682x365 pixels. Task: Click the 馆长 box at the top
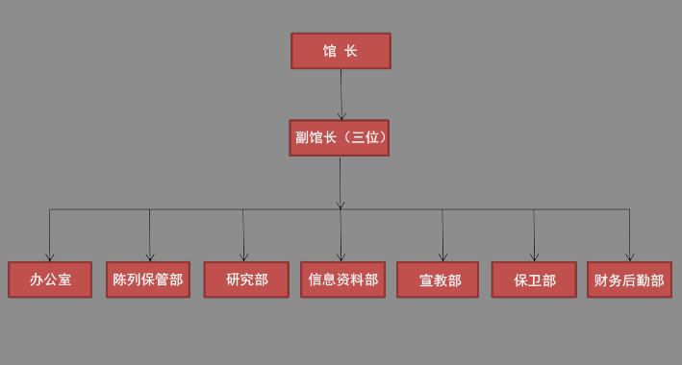pyautogui.click(x=341, y=51)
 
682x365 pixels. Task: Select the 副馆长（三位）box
pyautogui.click(x=339, y=137)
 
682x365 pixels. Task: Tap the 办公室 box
pyautogui.click(x=50, y=280)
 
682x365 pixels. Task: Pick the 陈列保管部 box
pyautogui.click(x=148, y=280)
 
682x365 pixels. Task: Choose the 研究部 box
pyautogui.click(x=246, y=280)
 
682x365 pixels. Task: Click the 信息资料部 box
pyautogui.click(x=343, y=280)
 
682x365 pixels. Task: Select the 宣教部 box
pyautogui.click(x=438, y=280)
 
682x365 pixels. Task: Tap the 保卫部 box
pyautogui.click(x=534, y=280)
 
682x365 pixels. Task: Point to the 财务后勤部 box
pyautogui.click(x=629, y=280)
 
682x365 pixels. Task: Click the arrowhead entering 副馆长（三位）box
pyautogui.click(x=341, y=116)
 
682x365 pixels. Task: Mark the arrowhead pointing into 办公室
pyautogui.click(x=50, y=257)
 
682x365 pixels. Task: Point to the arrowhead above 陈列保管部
pyautogui.click(x=149, y=257)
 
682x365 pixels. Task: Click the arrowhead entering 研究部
pyautogui.click(x=243, y=257)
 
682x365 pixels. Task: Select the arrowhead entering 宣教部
pyautogui.click(x=442, y=257)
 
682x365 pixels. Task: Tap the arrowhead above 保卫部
pyautogui.click(x=534, y=257)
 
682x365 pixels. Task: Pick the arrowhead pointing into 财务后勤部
pyautogui.click(x=629, y=257)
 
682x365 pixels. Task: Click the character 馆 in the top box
pyautogui.click(x=330, y=51)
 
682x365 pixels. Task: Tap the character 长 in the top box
pyautogui.click(x=351, y=51)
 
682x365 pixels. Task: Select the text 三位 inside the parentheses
pyautogui.click(x=366, y=137)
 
